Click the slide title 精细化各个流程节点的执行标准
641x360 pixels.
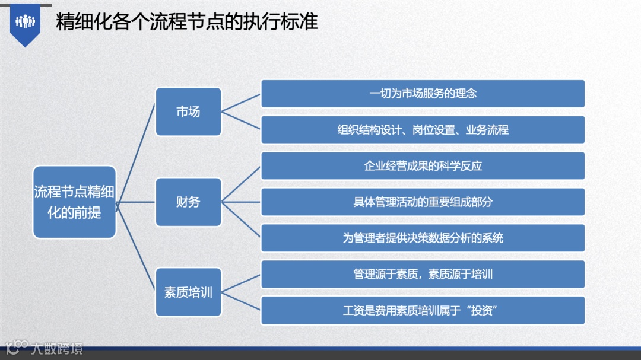click(x=187, y=22)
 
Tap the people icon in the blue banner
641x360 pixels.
click(x=26, y=22)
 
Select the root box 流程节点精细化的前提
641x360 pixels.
click(x=74, y=202)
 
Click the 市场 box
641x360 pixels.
click(x=188, y=111)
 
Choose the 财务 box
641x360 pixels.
click(x=188, y=202)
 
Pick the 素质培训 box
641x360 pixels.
click(x=188, y=292)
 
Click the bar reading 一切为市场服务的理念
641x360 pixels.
click(x=423, y=94)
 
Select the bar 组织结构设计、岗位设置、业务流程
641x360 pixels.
click(x=423, y=130)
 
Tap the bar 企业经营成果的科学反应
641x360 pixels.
click(x=423, y=166)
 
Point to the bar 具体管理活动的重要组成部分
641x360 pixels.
click(x=423, y=202)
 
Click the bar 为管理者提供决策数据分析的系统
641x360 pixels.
click(x=423, y=238)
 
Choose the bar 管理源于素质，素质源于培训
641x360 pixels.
click(x=423, y=275)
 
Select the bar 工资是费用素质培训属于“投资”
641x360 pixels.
click(x=423, y=311)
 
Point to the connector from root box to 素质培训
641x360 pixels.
click(x=136, y=248)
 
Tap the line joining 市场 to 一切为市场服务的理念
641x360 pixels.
click(x=241, y=103)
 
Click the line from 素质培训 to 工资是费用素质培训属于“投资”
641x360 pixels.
click(x=241, y=301)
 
